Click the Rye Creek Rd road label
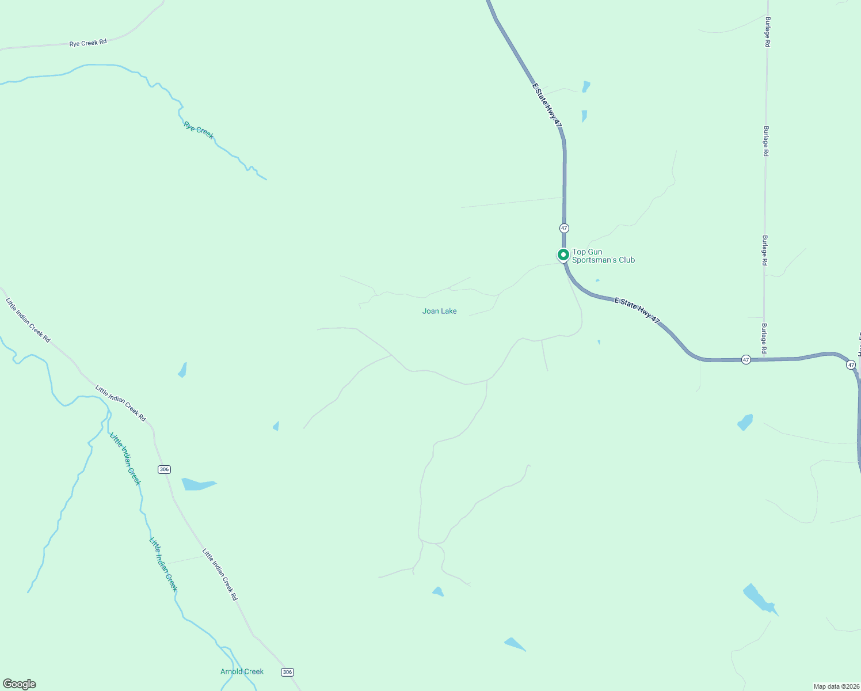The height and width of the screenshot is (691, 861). click(88, 43)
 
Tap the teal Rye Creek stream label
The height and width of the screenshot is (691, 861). click(199, 130)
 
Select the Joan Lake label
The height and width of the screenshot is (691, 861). click(439, 311)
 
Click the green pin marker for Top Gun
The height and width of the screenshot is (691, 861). click(563, 255)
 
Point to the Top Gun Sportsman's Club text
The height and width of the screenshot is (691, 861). click(603, 256)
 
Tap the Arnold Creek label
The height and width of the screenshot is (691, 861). click(242, 671)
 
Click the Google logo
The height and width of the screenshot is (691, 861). click(20, 684)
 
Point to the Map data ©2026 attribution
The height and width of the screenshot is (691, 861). click(836, 686)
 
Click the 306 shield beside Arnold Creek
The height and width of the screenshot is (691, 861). click(288, 672)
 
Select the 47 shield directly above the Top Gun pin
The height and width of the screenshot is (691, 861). click(564, 228)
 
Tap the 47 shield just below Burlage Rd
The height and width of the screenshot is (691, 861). click(746, 359)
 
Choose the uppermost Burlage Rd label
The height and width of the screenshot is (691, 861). click(767, 32)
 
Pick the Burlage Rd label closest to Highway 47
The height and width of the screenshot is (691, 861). click(764, 338)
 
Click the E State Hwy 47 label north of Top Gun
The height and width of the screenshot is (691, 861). click(546, 105)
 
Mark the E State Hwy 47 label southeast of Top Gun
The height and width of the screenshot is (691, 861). click(637, 309)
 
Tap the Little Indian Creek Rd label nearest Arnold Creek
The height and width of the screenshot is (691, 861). click(220, 574)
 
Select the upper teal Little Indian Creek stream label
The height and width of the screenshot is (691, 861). click(125, 459)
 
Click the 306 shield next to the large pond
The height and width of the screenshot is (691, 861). click(164, 469)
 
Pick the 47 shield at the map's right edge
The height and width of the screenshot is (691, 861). click(851, 365)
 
